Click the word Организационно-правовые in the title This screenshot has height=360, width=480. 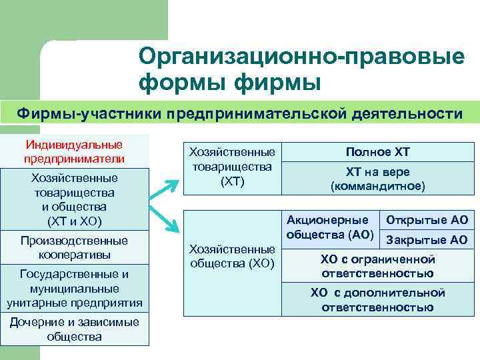302,57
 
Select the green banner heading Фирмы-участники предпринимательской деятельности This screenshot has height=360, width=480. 239,113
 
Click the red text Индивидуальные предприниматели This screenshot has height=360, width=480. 74,151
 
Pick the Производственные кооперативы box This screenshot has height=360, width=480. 74,247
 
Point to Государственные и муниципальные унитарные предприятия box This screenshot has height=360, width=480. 74,289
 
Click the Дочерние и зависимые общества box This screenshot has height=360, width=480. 74,329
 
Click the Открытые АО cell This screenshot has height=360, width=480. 427,220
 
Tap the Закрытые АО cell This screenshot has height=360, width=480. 427,240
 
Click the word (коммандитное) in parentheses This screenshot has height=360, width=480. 378,186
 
